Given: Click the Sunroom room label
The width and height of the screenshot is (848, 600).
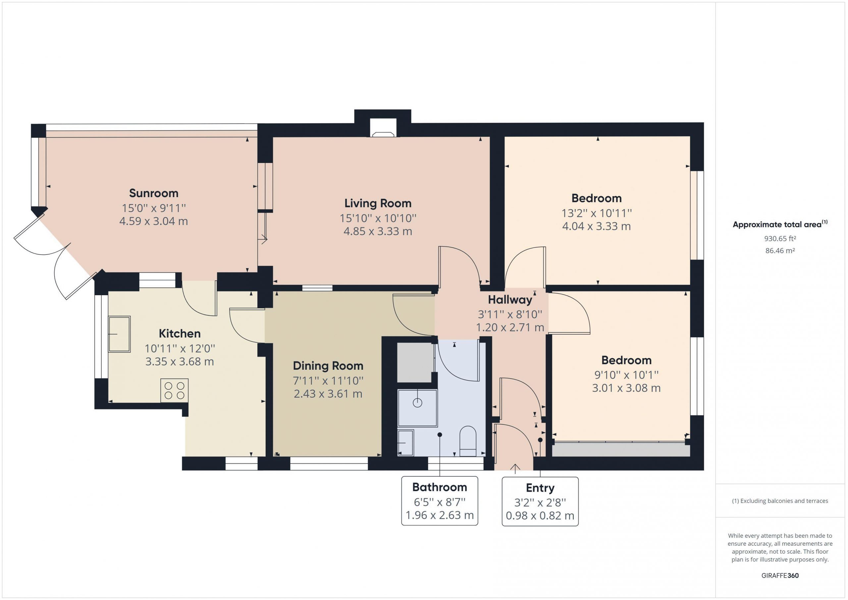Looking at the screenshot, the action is pyautogui.click(x=154, y=193).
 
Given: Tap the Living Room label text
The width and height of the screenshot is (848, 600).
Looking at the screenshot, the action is pyautogui.click(x=378, y=203).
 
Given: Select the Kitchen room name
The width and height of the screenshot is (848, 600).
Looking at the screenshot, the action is pyautogui.click(x=180, y=333).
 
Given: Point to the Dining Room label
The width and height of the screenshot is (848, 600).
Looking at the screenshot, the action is pyautogui.click(x=328, y=366).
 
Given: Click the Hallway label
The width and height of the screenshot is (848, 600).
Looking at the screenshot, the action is pyautogui.click(x=510, y=300).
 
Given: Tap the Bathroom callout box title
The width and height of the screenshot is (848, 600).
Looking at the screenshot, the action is pyautogui.click(x=440, y=487).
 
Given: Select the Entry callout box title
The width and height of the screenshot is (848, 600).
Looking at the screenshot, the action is pyautogui.click(x=540, y=488).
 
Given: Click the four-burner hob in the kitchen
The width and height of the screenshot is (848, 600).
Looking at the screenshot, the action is pyautogui.click(x=174, y=391).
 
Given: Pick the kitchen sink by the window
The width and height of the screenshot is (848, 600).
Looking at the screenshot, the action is pyautogui.click(x=119, y=334).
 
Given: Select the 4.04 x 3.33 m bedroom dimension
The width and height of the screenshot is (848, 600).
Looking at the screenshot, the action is pyautogui.click(x=597, y=226).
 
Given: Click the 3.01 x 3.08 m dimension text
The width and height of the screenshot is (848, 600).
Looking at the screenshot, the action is pyautogui.click(x=626, y=388).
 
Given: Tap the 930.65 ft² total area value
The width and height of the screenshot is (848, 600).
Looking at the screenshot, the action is pyautogui.click(x=780, y=239).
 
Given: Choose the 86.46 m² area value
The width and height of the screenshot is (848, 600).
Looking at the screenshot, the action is pyautogui.click(x=780, y=250).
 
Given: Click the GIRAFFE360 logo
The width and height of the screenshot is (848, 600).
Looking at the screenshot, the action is pyautogui.click(x=780, y=575).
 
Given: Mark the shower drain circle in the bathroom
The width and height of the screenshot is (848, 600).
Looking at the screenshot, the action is pyautogui.click(x=417, y=403).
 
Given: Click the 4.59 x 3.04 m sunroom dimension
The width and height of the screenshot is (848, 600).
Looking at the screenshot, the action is pyautogui.click(x=154, y=221).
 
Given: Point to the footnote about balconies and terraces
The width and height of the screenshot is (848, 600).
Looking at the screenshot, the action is pyautogui.click(x=780, y=501).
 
